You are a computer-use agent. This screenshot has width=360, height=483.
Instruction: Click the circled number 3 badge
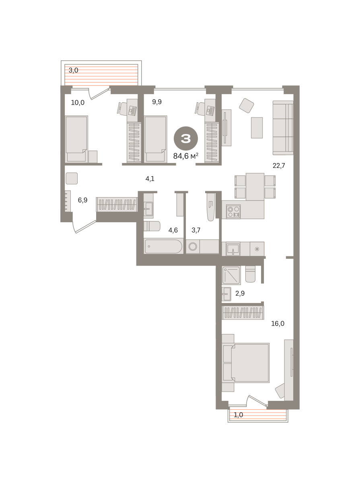pos(186,138)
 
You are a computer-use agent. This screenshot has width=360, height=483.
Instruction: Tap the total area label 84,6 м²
pos(186,156)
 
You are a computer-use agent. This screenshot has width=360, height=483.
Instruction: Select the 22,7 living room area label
pos(279,165)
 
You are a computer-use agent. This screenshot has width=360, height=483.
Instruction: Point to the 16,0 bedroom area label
pos(278,324)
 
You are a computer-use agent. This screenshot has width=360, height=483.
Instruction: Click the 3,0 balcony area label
pos(74,70)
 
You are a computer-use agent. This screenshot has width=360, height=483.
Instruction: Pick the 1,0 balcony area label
pos(238,415)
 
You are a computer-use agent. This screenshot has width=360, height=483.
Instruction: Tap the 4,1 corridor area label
pos(150,179)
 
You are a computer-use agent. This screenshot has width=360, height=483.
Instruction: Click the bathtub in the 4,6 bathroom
pos(163,246)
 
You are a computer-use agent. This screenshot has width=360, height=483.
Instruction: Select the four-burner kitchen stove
pos(233,212)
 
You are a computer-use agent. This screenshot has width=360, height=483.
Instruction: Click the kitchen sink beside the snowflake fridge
pos(233,249)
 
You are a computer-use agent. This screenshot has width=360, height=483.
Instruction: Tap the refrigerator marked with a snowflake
pos(257,249)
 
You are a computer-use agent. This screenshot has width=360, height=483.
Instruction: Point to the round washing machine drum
pos(193,246)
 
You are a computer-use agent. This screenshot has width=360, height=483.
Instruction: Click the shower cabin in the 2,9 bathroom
pos(231,275)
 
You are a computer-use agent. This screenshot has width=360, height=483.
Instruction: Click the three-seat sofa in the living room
pos(283,128)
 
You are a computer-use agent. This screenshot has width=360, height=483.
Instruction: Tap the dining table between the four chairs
pos(255,187)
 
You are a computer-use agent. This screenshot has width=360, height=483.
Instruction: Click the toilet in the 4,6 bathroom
pos(152,226)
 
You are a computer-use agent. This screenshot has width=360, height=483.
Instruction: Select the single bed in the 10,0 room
pos(76,139)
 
